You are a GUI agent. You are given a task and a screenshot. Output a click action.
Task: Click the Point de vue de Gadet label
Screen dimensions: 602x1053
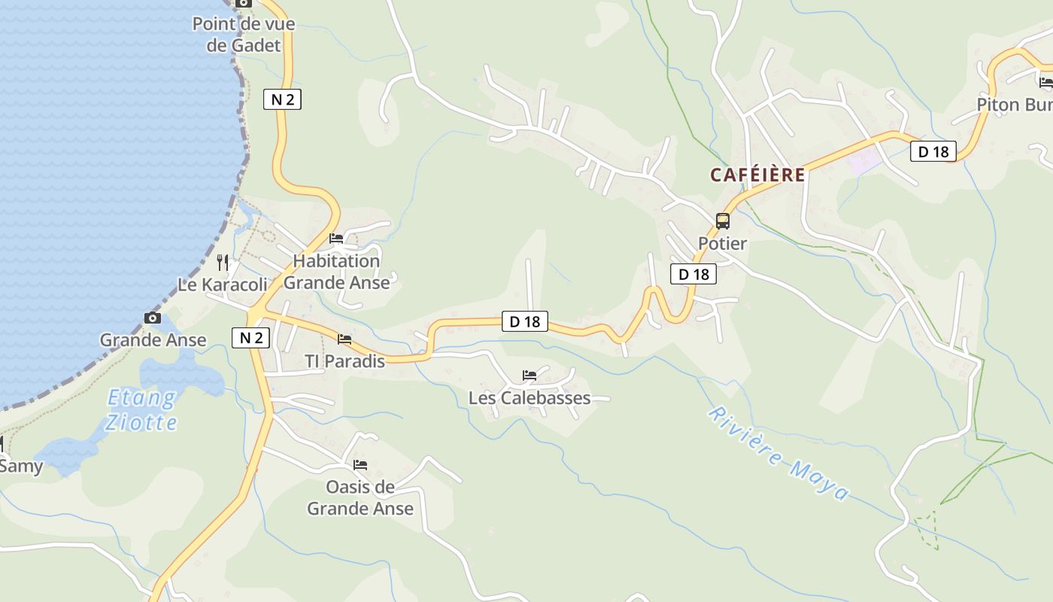[x=243, y=35]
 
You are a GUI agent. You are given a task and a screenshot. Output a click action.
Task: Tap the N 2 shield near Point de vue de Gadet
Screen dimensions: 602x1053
[x=282, y=99]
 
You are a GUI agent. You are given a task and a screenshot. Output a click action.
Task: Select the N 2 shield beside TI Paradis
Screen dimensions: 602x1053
[x=250, y=338]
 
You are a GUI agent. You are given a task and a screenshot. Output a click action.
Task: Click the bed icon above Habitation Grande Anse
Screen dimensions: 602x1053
[x=336, y=239]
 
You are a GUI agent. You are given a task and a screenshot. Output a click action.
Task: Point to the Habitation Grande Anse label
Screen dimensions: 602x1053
[x=336, y=272]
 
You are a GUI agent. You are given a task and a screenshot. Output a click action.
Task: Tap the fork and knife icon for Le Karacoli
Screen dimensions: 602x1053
[x=223, y=262]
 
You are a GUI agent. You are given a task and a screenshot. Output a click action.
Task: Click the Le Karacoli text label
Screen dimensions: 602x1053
[x=222, y=284]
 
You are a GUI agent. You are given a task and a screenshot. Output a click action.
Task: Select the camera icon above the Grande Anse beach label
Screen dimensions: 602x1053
[x=153, y=318]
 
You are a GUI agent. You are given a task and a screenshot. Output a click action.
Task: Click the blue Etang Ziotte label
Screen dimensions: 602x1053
[x=141, y=409]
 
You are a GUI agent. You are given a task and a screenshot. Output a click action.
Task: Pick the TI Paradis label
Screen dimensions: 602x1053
[x=344, y=361]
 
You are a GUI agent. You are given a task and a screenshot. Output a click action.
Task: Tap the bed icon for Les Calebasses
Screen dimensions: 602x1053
[x=530, y=375]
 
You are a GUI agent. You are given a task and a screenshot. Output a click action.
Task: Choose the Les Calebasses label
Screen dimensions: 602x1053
[x=530, y=397]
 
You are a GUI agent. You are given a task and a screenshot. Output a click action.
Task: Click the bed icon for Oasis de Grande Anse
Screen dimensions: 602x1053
[x=360, y=464]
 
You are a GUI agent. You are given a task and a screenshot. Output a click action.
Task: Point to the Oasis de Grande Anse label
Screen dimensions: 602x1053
[x=360, y=497]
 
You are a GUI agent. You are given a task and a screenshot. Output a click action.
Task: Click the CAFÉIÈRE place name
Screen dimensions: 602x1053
[x=757, y=175]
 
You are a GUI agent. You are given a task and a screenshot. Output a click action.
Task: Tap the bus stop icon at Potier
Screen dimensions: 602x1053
[x=723, y=221]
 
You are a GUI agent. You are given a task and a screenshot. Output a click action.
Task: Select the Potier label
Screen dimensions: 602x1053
[x=722, y=243]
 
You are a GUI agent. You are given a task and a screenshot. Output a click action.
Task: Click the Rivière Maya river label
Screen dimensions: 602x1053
[x=778, y=454]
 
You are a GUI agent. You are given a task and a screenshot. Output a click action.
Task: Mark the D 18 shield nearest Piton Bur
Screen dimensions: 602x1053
[x=933, y=151]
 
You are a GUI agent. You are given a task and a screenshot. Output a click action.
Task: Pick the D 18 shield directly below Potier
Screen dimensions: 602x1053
[x=693, y=274]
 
